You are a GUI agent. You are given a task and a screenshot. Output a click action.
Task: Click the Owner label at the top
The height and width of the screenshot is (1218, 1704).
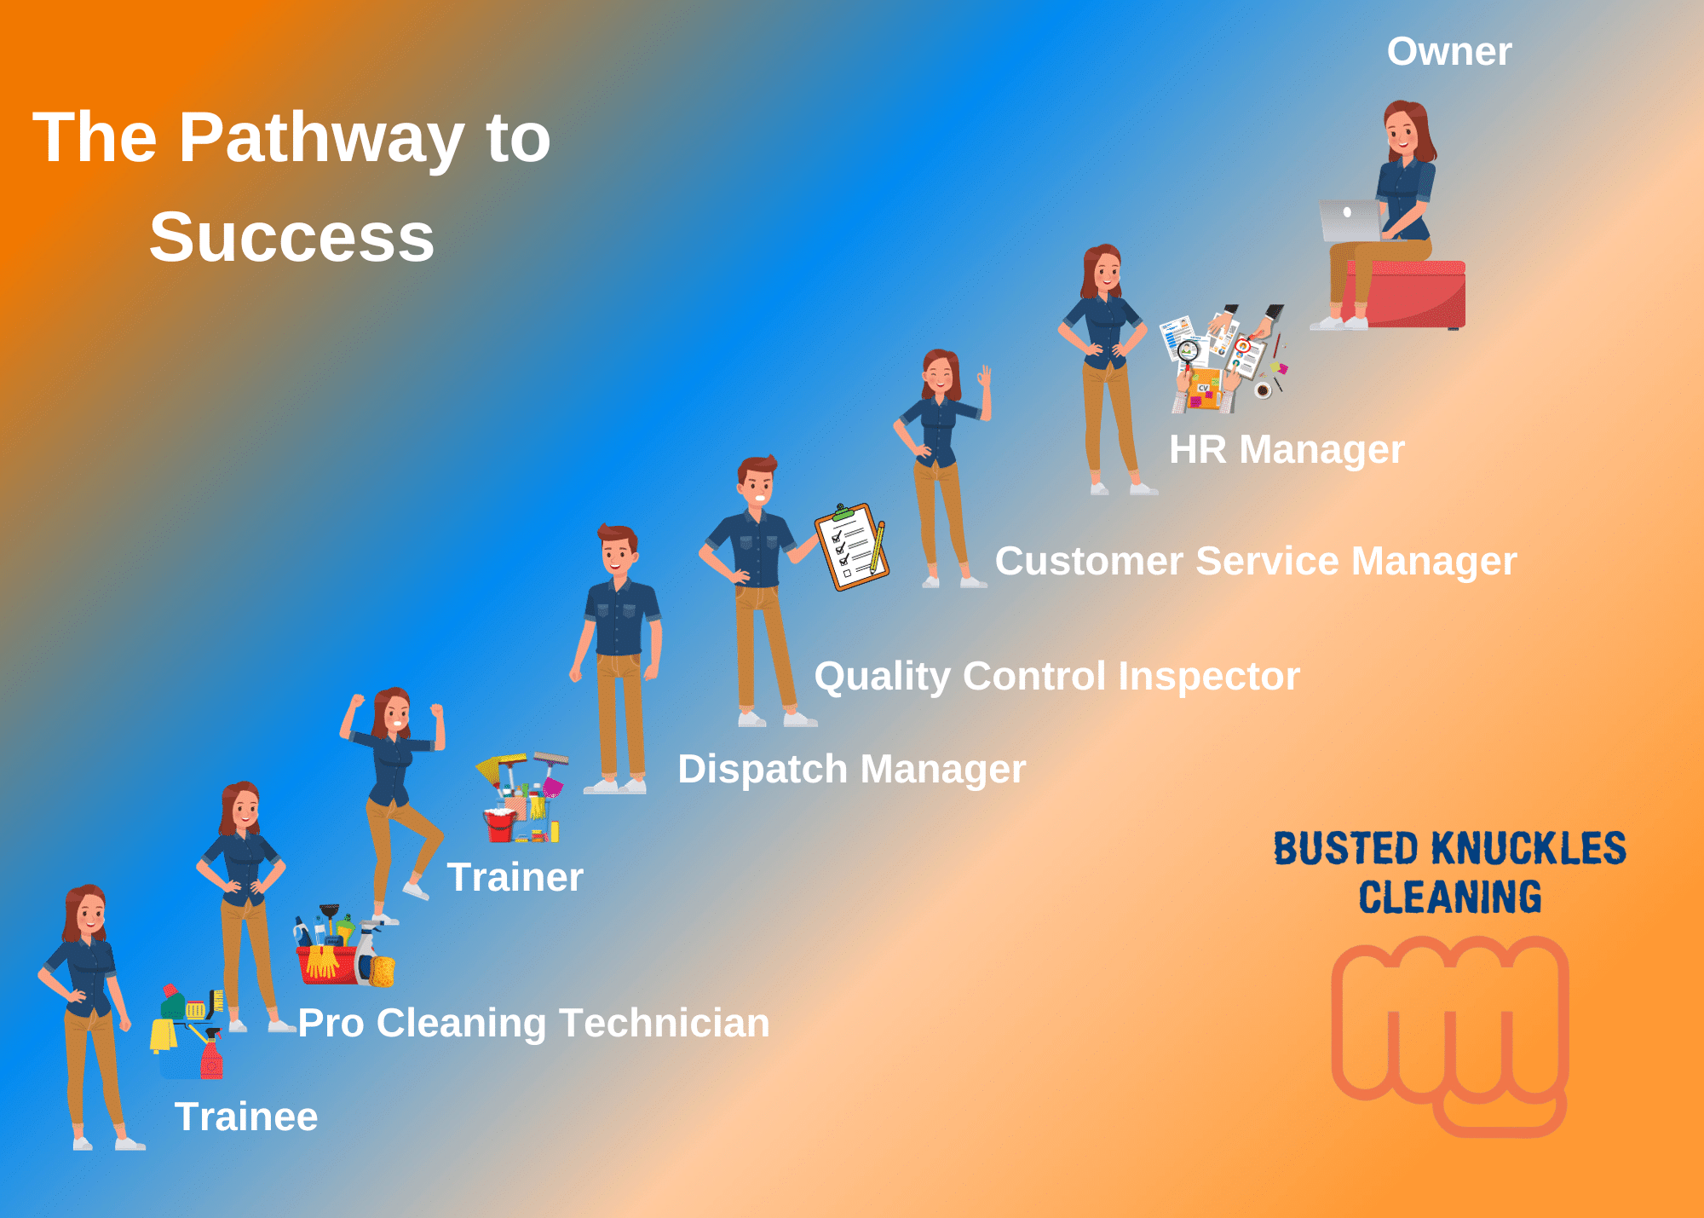(1449, 52)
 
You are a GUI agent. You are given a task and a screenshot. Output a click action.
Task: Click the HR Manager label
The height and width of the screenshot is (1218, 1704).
(1287, 450)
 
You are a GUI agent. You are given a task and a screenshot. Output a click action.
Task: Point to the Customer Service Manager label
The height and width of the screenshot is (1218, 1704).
(1256, 562)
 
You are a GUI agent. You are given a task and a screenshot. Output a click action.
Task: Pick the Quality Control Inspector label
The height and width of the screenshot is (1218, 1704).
(1056, 677)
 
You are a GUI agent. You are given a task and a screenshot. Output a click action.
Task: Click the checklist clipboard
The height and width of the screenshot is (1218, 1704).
(851, 546)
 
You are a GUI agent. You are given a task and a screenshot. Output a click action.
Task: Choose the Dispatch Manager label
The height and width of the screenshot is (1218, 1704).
(851, 770)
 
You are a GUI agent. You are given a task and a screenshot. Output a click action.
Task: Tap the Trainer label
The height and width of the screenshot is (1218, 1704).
(515, 877)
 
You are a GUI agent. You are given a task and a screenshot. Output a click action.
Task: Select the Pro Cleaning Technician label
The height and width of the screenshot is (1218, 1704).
(533, 1024)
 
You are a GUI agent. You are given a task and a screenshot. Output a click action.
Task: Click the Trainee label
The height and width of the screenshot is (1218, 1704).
(245, 1117)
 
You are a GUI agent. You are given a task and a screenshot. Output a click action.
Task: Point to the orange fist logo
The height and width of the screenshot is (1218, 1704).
(1450, 1036)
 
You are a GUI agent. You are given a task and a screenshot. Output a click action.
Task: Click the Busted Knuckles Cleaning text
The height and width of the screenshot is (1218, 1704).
(1450, 873)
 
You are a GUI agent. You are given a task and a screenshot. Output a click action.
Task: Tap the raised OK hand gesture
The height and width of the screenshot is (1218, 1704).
(985, 376)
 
